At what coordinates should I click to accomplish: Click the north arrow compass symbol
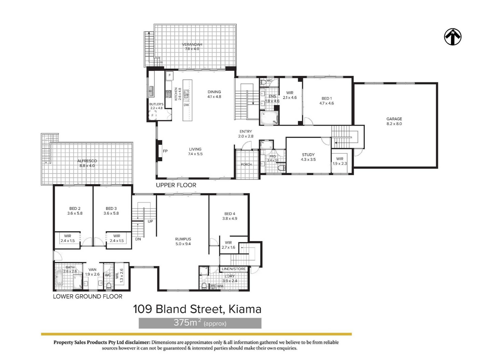coord(452,37)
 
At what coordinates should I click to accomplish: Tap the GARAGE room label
coord(394,119)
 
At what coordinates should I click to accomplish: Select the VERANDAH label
coord(192,44)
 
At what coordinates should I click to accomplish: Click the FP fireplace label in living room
coord(165,151)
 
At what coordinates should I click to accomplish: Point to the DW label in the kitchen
coord(186,105)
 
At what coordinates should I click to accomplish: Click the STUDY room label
coord(308,154)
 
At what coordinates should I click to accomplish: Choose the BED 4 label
coord(230,213)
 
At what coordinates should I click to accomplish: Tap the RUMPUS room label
coord(183,239)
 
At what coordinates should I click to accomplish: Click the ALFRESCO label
coord(87,161)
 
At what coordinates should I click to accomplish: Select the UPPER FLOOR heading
coord(176,185)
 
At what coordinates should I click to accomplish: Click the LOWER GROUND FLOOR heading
coord(88,296)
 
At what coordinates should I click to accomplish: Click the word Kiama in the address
coord(245,309)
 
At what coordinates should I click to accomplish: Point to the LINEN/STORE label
coord(234,269)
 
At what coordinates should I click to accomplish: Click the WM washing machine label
coord(220,286)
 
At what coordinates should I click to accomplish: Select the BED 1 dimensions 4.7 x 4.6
coord(326,103)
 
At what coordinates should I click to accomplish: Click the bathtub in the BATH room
coord(59,277)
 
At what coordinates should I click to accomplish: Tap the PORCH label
coord(246,164)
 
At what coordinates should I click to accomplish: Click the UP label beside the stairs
coord(150,221)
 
